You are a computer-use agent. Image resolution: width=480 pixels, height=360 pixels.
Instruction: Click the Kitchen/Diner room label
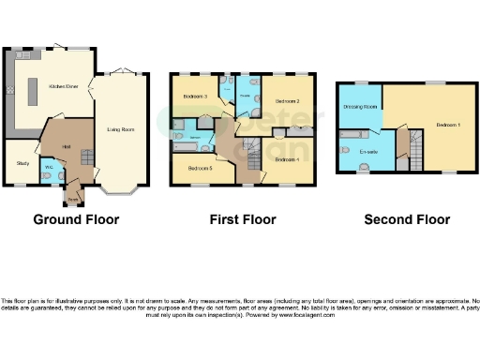pos(63,85)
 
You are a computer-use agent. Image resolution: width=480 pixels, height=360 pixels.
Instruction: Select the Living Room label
pos(119,128)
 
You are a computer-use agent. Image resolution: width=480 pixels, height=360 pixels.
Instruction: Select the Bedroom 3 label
pos(194,96)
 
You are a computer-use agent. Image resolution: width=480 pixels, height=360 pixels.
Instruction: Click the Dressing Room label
pos(361,107)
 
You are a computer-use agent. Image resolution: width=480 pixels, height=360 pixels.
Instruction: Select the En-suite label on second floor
pos(368,150)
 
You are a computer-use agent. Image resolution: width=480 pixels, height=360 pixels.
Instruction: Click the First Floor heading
pos(243,220)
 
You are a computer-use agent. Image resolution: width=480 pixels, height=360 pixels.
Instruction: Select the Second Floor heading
pos(408,220)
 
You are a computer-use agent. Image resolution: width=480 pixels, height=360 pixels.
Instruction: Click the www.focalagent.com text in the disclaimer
pos(306,315)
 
